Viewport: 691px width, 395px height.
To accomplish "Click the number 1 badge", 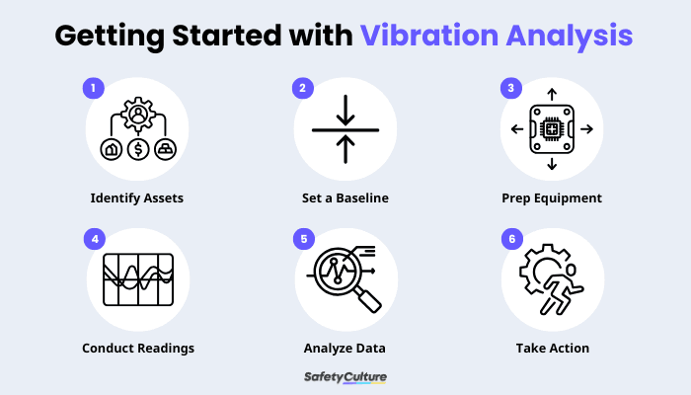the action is (94, 88).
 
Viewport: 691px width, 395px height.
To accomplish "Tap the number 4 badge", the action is (95, 239).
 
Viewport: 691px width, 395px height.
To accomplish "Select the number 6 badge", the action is (512, 239).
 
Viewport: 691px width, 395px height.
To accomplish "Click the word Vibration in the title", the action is (429, 36).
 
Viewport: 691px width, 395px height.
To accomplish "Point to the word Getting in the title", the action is (110, 37).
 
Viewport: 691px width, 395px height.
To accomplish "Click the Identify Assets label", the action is (137, 198).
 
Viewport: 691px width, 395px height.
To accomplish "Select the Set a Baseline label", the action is (345, 198).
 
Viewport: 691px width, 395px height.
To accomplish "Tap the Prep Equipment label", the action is (552, 198).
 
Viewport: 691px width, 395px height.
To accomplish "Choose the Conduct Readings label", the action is (138, 349).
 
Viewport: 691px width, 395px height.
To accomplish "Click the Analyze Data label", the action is (345, 349).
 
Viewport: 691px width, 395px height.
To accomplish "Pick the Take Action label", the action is (553, 349).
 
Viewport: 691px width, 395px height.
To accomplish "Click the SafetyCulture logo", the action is (345, 377).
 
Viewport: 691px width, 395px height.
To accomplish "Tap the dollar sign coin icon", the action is (138, 149).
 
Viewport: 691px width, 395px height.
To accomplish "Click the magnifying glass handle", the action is (368, 300).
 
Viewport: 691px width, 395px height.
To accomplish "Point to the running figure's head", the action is (571, 270).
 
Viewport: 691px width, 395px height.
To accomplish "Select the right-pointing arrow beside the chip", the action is (586, 129).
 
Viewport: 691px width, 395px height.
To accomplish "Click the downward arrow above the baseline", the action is (345, 111).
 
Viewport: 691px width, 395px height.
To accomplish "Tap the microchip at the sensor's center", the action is (552, 129).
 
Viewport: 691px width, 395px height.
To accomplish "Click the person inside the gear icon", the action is (138, 115).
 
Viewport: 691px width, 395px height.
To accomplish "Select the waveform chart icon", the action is (138, 279).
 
